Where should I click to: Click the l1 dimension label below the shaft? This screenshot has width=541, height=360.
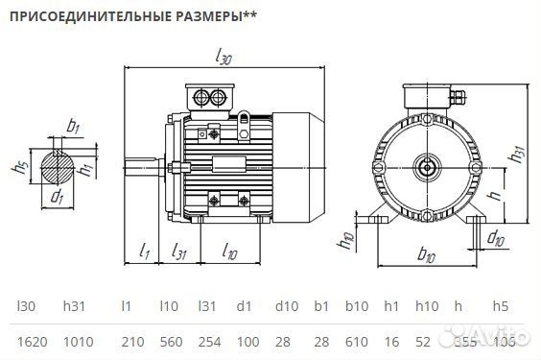(x=146, y=252)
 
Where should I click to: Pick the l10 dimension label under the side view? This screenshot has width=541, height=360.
(x=229, y=252)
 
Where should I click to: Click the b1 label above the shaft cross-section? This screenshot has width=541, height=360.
(x=73, y=127)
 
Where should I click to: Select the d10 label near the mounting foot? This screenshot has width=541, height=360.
(x=496, y=237)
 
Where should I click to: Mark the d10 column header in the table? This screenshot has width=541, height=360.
(x=287, y=306)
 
